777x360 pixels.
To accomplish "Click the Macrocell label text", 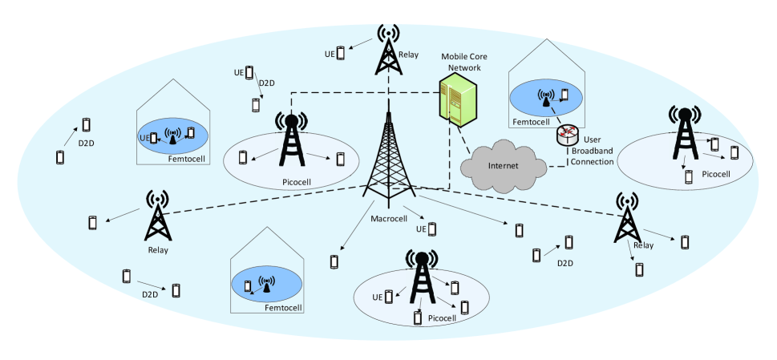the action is pyautogui.click(x=389, y=219).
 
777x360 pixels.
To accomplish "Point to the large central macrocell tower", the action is pyautogui.click(x=388, y=159).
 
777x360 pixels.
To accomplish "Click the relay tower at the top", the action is pyautogui.click(x=388, y=50).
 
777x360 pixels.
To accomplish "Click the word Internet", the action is pyautogui.click(x=503, y=166).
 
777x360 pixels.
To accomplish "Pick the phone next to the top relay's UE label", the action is pyautogui.click(x=341, y=53).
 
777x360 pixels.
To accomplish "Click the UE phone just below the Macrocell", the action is pyautogui.click(x=432, y=229).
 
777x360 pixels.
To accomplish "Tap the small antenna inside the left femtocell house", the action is pyautogui.click(x=172, y=136).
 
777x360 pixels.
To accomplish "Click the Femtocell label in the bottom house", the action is pyautogui.click(x=283, y=308).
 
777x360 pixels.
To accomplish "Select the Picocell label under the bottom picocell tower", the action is pyautogui.click(x=442, y=318).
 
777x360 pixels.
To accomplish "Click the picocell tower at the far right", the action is pyautogui.click(x=686, y=133).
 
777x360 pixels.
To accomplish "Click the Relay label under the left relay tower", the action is pyautogui.click(x=158, y=250).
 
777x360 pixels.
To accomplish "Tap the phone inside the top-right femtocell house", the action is pyautogui.click(x=565, y=95).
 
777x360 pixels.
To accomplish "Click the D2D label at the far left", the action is pyautogui.click(x=87, y=144).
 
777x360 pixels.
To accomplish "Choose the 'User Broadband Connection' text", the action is pyautogui.click(x=593, y=151).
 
